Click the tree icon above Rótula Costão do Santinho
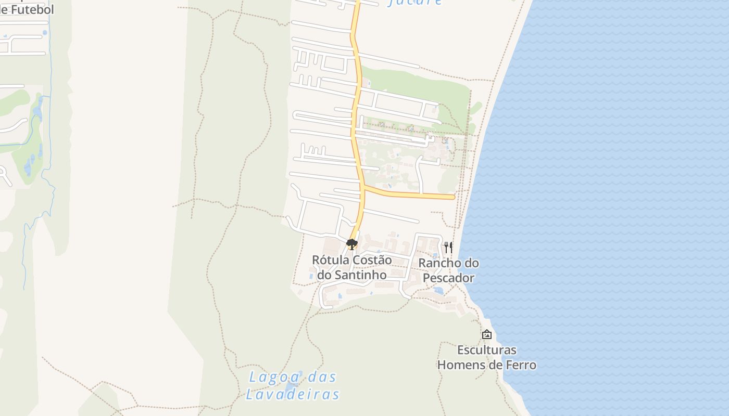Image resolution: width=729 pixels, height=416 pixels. tap(352, 244)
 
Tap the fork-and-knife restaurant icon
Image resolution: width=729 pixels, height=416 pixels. tap(448, 247)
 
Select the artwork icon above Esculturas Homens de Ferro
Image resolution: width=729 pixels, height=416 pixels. tap(486, 334)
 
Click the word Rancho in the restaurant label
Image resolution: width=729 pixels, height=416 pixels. tap(436, 263)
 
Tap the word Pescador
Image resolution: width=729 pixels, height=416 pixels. tap(448, 278)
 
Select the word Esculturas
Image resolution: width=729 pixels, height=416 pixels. tap(486, 349)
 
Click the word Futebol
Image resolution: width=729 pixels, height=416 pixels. tap(31, 9)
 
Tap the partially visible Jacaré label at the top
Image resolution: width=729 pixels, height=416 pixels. tap(415, 3)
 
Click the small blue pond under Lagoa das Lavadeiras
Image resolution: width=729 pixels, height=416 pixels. tap(290, 387)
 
